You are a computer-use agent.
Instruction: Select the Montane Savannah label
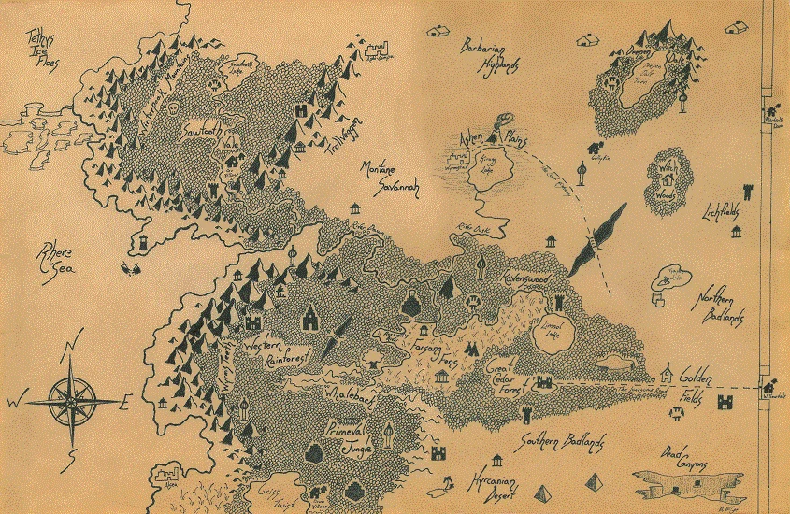(x=391, y=178)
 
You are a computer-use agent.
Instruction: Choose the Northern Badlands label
(x=718, y=309)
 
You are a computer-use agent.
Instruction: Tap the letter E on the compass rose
(x=127, y=403)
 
